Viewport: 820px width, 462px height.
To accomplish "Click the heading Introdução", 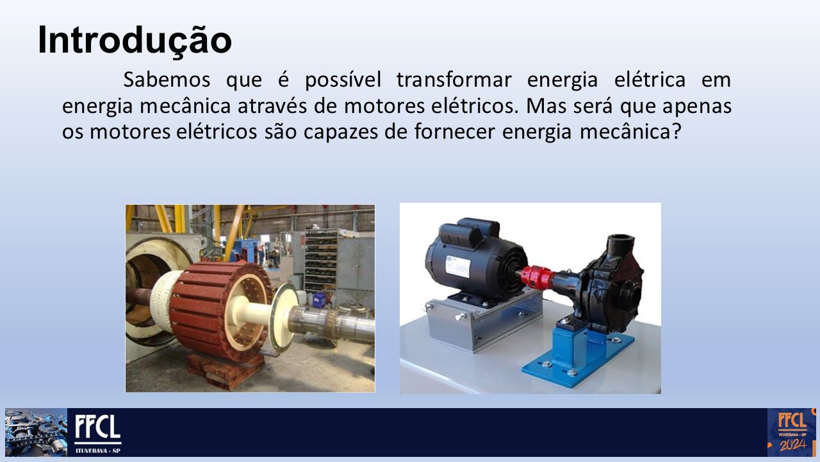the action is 135,40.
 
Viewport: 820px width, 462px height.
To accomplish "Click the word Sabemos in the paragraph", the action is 167,80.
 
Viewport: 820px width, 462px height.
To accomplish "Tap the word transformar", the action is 454,80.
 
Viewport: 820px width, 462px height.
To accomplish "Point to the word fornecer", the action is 454,132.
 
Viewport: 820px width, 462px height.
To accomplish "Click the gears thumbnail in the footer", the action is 37,432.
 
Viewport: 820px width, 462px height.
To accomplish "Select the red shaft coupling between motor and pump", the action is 537,277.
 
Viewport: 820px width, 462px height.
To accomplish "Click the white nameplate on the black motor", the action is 457,266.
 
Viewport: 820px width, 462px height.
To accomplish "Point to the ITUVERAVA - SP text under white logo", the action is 98,450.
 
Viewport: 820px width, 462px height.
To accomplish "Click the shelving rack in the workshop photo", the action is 322,261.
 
